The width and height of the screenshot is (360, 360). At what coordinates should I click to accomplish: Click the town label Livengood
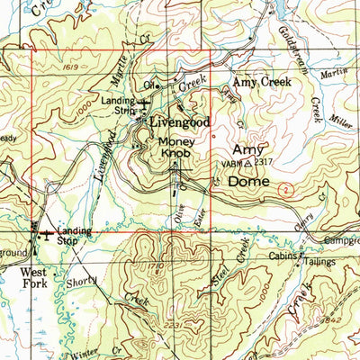click(x=180, y=122)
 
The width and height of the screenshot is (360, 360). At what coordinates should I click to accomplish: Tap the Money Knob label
click(x=175, y=148)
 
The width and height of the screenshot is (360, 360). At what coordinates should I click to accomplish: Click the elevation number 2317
click(x=263, y=163)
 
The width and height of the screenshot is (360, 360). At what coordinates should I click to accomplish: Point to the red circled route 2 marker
click(x=284, y=191)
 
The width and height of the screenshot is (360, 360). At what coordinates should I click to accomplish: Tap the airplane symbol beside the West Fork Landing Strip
click(x=46, y=237)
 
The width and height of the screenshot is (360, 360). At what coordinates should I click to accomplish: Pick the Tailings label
click(x=319, y=262)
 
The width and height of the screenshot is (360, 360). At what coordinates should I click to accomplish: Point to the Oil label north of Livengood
click(x=150, y=85)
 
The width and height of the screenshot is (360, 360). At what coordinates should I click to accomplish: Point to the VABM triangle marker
click(x=248, y=164)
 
